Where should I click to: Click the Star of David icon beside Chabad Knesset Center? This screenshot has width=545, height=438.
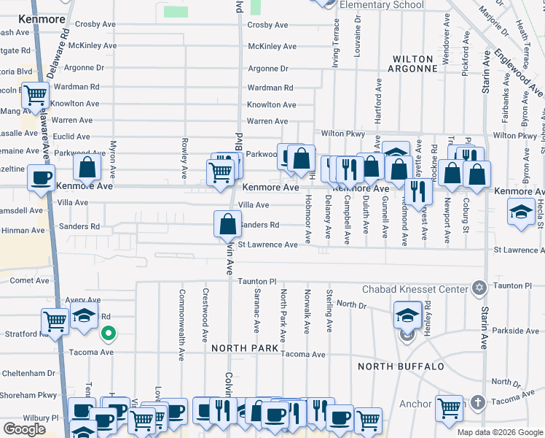point(479,288)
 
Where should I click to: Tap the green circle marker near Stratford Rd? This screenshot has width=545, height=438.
point(108,335)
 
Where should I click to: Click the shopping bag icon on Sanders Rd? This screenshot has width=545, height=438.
point(227,223)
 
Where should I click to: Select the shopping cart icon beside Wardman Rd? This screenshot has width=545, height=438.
point(35,95)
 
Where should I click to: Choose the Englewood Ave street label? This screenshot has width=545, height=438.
point(518,72)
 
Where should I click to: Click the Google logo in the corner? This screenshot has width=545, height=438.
point(23,429)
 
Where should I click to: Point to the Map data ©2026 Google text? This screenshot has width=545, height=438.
point(499,432)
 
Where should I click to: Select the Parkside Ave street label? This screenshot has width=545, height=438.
point(515,331)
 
